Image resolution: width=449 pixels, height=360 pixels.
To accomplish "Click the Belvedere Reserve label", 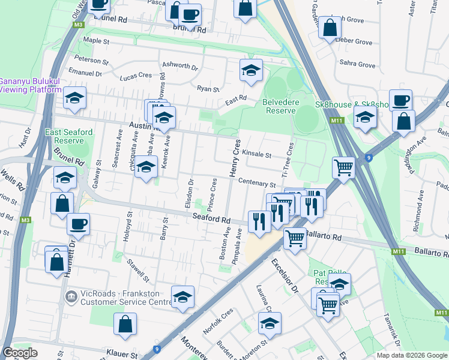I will [279, 106].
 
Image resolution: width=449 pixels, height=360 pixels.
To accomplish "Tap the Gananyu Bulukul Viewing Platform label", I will [30, 85].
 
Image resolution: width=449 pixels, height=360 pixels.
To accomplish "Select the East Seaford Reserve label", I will [69, 136].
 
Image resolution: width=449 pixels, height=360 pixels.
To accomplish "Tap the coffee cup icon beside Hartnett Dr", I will [78, 224].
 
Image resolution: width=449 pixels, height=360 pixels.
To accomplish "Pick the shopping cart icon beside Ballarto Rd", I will [295, 238].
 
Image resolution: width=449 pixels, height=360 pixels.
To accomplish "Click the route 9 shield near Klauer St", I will [157, 349].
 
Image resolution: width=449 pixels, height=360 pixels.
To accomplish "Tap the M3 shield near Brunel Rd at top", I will [79, 25].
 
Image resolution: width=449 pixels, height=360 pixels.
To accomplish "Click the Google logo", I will [20, 353].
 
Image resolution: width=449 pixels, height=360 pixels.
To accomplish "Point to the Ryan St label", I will [208, 89].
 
